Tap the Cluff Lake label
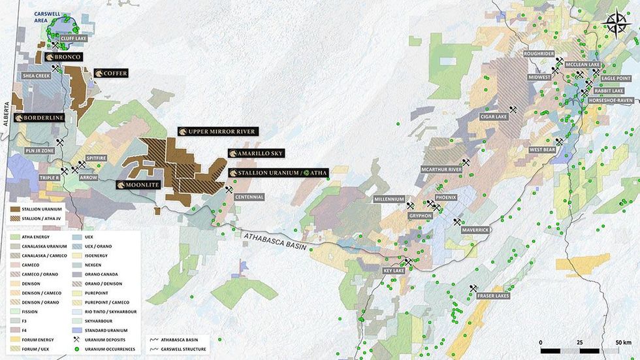[x=73, y=39]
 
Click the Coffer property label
[x=111, y=73]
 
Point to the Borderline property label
[x=39, y=118]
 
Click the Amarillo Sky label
[x=257, y=153]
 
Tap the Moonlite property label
[x=138, y=185]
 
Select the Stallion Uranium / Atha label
[x=279, y=172]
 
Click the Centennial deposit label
[x=249, y=197]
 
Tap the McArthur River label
[x=441, y=169]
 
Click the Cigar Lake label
[x=493, y=117]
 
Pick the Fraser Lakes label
[x=492, y=296]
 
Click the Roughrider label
[x=538, y=54]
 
